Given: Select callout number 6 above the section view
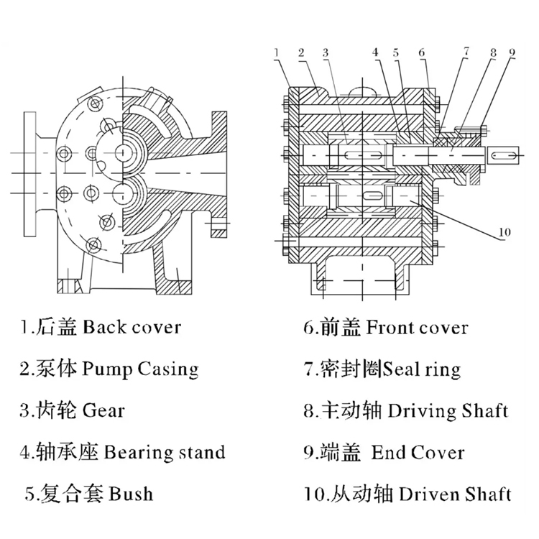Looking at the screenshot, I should point(422,52).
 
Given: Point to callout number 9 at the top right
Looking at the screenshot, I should point(512,52).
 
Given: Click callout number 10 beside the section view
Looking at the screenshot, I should point(502,232).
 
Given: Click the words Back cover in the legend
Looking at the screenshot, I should point(132,328).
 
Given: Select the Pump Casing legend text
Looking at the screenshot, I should point(140,369).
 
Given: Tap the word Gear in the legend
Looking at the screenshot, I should point(103,410).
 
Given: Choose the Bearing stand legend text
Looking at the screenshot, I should point(165,452).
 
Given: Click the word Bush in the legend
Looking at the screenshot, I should point(131,494).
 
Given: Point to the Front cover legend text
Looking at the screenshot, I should point(417,328).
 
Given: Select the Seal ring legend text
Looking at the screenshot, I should point(422,369).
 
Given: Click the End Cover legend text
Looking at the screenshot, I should point(418,452).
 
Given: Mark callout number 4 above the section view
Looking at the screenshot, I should point(375,52).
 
